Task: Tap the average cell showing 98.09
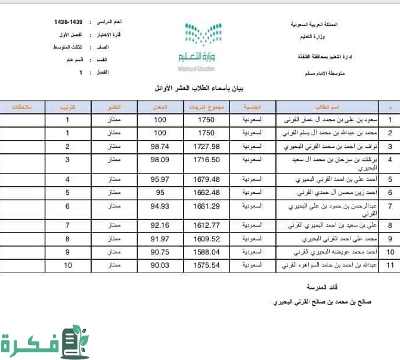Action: click(x=160, y=160)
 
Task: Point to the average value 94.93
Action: click(x=160, y=206)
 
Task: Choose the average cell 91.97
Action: click(x=160, y=238)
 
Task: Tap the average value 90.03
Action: click(x=160, y=265)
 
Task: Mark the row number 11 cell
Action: click(x=390, y=265)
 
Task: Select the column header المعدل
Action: click(x=160, y=107)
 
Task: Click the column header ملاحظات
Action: click(x=21, y=107)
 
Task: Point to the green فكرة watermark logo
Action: click(x=45, y=342)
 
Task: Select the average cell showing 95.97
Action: click(x=160, y=179)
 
